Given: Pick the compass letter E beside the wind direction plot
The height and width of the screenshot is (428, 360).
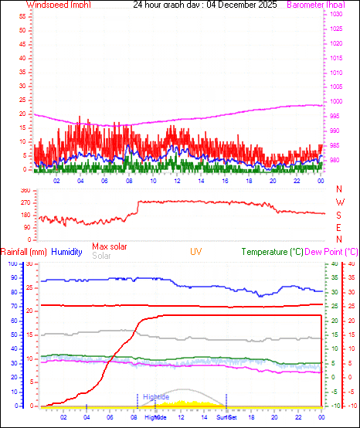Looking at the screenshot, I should coord(340,227).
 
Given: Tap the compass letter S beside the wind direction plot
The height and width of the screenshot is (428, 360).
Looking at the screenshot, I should coord(340,215).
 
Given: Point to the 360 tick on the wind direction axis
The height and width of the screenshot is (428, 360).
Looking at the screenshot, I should coord(25,190).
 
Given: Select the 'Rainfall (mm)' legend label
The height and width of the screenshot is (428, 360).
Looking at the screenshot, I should coord(24,252).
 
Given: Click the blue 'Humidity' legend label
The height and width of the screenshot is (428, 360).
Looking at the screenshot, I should coord(67,252).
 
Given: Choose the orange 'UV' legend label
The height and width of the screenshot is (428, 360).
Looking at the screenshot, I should coord(197,252).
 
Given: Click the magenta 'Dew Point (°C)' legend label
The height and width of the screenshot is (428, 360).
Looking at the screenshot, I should coord(332,252).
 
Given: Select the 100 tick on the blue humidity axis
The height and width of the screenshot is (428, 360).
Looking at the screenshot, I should coord(12,264).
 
